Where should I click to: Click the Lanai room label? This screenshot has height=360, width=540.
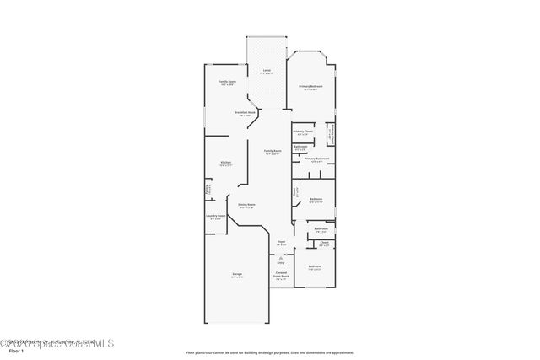[x=267, y=70]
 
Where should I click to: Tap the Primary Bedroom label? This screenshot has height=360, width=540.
[x=310, y=87]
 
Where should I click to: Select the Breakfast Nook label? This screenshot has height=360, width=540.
[x=245, y=112]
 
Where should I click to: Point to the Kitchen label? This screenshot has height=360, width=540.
[x=226, y=163]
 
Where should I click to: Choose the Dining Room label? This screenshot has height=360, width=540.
[x=246, y=205]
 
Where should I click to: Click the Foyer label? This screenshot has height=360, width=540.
[x=282, y=242]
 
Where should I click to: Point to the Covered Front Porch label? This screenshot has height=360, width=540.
[x=282, y=275]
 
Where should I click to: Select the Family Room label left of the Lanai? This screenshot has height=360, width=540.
[x=227, y=82]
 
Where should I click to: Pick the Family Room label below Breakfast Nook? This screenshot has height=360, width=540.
[x=273, y=152]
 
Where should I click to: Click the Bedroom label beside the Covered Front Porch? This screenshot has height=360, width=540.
[x=315, y=267]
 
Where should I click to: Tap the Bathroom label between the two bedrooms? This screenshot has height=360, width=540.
[x=321, y=229]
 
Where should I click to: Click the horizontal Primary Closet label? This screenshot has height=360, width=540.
[x=303, y=132]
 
